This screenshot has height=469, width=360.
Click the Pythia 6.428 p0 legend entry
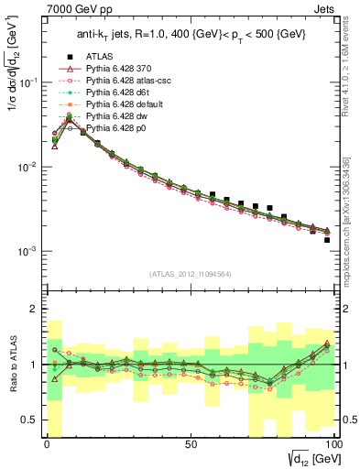tap(116, 141)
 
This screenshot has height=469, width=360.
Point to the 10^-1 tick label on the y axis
tap(27, 82)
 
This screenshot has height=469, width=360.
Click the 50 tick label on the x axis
tap(191, 444)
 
